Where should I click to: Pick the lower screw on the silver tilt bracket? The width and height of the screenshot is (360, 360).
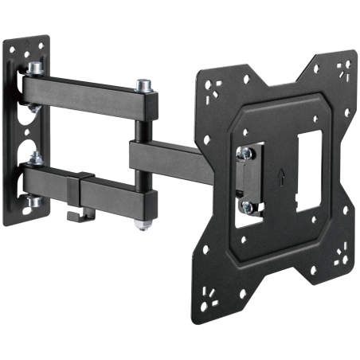pyautogui.click(x=247, y=206)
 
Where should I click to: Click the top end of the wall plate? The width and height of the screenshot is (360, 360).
pyautogui.click(x=35, y=40)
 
